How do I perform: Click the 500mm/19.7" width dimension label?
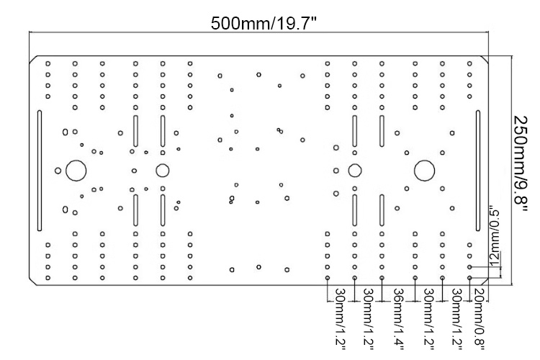point(264,24)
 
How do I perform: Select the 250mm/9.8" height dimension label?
point(520,164)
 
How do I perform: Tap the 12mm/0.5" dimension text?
point(494,236)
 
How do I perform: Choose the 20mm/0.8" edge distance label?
point(480,319)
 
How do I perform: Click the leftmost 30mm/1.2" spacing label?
point(340,319)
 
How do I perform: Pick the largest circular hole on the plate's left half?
point(76,171)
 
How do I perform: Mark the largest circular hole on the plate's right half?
point(424,171)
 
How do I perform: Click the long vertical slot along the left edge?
point(40,171)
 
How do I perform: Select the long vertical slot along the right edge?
point(478,171)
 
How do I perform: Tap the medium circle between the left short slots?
point(163,171)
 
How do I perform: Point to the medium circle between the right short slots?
point(355,171)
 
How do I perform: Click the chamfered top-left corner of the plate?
point(33,59)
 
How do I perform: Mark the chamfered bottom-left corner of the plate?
point(33,282)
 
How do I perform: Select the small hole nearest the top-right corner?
point(469,64)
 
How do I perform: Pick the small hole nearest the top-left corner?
point(48,64)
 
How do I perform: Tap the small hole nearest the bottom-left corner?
point(48,278)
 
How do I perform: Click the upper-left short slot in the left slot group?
point(135,131)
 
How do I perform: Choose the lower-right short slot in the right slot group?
point(382,210)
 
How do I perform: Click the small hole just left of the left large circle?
point(58,171)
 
